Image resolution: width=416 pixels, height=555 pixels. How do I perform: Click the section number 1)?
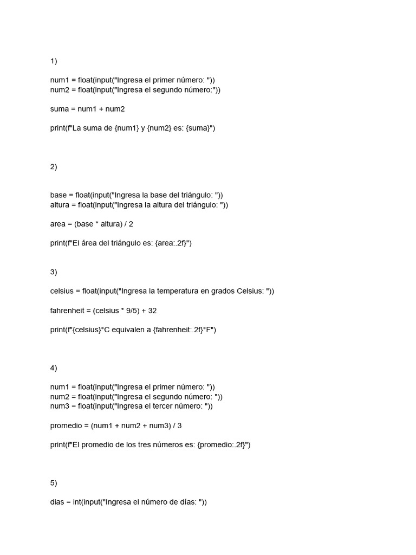54,61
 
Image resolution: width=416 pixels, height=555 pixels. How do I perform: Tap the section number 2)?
54,167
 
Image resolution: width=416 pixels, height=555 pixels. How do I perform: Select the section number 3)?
54,272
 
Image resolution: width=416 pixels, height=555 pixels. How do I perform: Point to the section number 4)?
54,368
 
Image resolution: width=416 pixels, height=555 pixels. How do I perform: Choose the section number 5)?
54,483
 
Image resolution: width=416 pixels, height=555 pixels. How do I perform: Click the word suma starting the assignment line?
59,109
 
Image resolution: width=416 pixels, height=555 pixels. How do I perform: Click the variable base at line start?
58,195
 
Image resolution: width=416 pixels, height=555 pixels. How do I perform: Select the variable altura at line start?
61,205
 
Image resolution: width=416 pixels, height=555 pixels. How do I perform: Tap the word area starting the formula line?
58,224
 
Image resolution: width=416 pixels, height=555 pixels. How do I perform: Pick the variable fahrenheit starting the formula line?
68,311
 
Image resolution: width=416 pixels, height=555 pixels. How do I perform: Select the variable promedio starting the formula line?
67,425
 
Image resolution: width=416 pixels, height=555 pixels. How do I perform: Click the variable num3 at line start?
59,406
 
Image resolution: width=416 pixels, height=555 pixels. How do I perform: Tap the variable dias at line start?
58,502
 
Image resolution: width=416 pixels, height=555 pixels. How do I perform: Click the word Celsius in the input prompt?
250,291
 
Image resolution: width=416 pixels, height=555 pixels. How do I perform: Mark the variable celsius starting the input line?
63,291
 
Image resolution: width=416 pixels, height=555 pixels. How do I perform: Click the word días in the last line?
187,502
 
